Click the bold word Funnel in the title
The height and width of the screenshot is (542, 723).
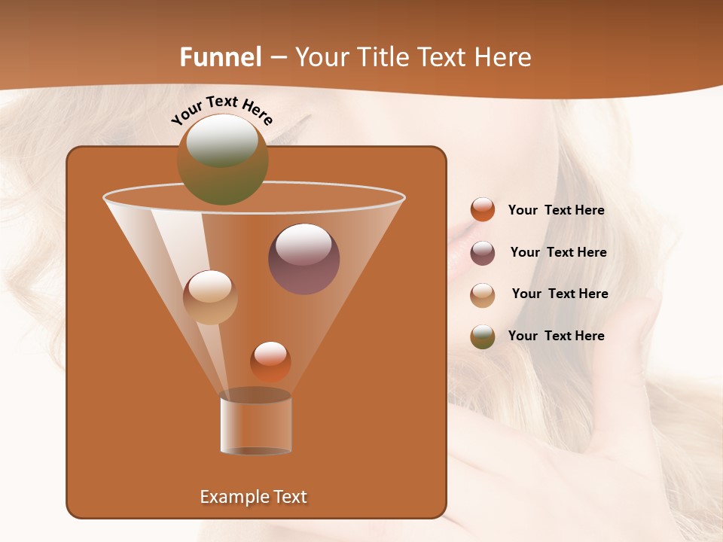tap(220, 57)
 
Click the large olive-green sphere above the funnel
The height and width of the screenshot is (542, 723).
tap(222, 159)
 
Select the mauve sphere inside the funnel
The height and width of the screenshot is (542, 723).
tap(304, 259)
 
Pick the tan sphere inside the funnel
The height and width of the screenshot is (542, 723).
tap(210, 297)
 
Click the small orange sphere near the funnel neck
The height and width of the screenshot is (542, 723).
tap(270, 361)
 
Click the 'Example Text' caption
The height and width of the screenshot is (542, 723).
tap(254, 497)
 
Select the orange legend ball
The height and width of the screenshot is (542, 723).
tap(483, 210)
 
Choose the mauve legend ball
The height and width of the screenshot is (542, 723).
tap(483, 253)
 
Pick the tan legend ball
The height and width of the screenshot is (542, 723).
tap(483, 294)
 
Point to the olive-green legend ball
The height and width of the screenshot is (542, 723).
tap(483, 336)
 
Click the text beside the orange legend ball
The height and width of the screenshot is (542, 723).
tap(556, 211)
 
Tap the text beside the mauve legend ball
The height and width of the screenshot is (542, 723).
tap(558, 253)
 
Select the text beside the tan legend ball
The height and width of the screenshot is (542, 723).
tap(560, 294)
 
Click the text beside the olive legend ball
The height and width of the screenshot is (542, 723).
tap(556, 336)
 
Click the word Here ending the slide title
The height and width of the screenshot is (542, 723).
tap(503, 57)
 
